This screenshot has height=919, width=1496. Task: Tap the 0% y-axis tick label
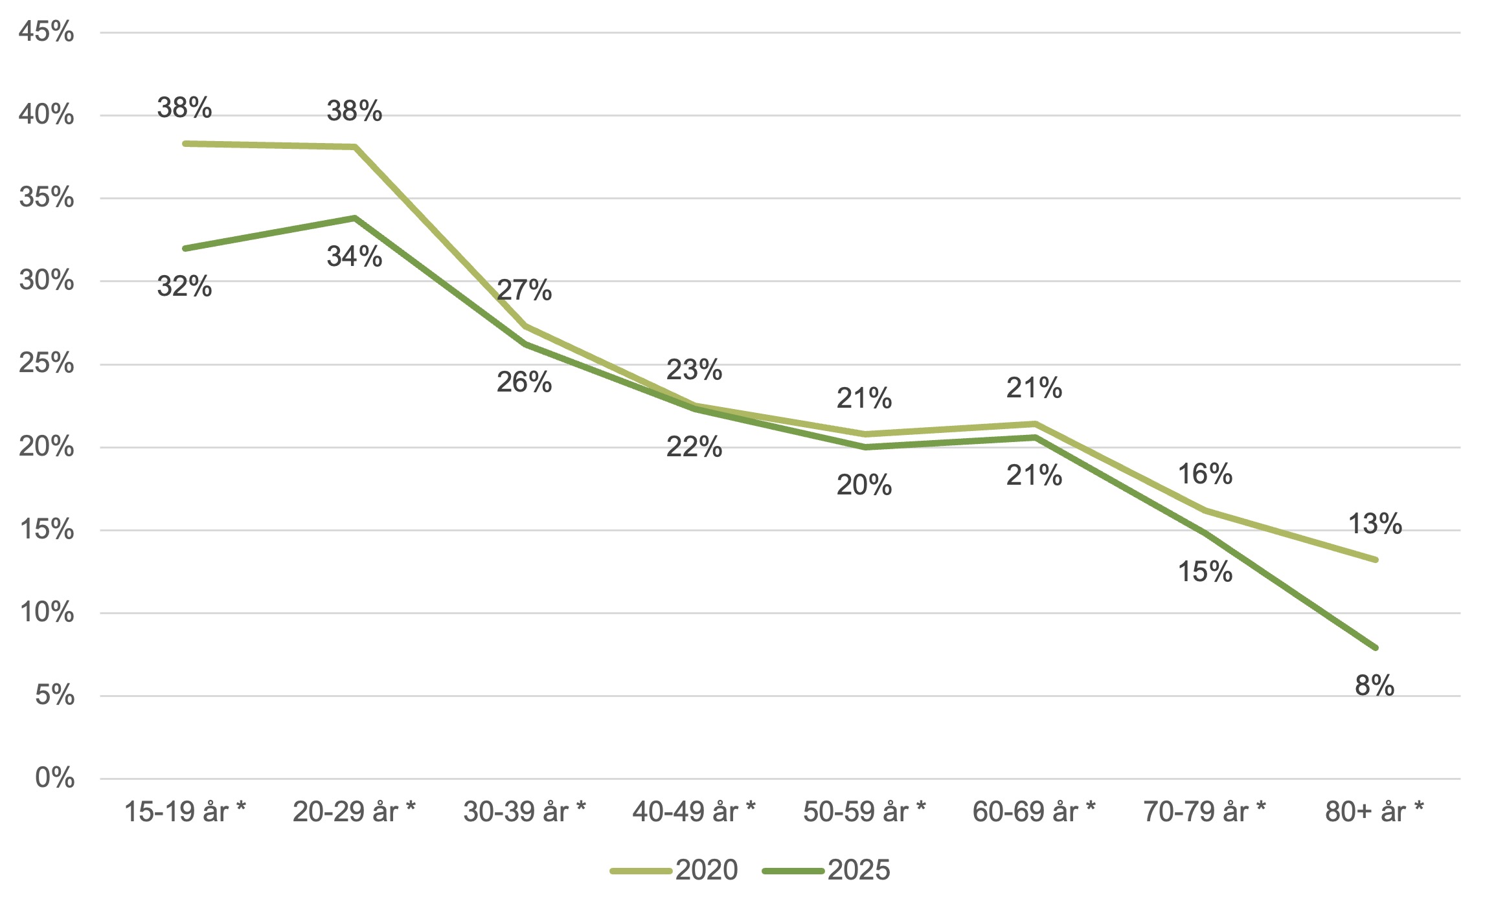coord(55,778)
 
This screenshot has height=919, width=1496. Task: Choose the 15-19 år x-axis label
coord(185,812)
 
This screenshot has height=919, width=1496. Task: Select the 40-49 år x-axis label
coord(694,812)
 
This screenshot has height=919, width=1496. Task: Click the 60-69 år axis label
coord(1034,812)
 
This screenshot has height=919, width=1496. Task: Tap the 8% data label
coord(1374,686)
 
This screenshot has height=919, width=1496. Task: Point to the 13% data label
coord(1375,524)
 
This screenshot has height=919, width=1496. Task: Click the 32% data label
coord(185,286)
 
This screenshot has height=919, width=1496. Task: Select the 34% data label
coord(354,257)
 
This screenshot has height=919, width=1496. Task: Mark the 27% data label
coord(524,291)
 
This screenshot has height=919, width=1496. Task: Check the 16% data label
coord(1205,474)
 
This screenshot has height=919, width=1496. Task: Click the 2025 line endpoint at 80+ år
coord(1375,647)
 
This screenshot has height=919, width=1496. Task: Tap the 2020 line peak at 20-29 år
coord(355,147)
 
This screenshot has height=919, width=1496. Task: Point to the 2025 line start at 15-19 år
coord(185,249)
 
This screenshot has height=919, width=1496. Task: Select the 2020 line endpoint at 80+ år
coord(1375,559)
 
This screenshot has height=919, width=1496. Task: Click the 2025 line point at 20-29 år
coord(355,218)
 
